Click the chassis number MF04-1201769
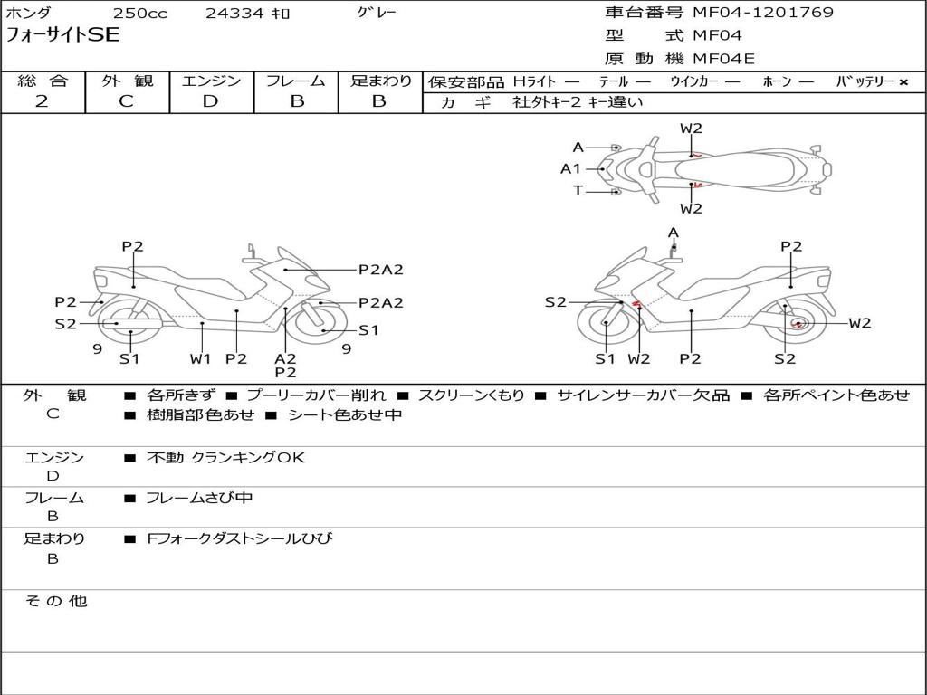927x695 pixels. click(762, 13)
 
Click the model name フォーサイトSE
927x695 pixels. click(62, 36)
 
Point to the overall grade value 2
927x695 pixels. click(42, 101)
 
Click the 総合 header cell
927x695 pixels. click(43, 81)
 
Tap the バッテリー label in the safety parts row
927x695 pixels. click(865, 81)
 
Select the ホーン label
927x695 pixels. click(777, 81)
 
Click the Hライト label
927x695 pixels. click(534, 81)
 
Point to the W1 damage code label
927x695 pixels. click(200, 358)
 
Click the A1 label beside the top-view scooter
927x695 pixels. click(570, 168)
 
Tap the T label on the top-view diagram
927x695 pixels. click(578, 190)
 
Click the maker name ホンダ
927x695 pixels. click(28, 14)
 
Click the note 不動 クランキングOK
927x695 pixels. click(225, 458)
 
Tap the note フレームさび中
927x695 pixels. click(199, 498)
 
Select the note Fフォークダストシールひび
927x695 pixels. click(239, 539)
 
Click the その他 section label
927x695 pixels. click(55, 601)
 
